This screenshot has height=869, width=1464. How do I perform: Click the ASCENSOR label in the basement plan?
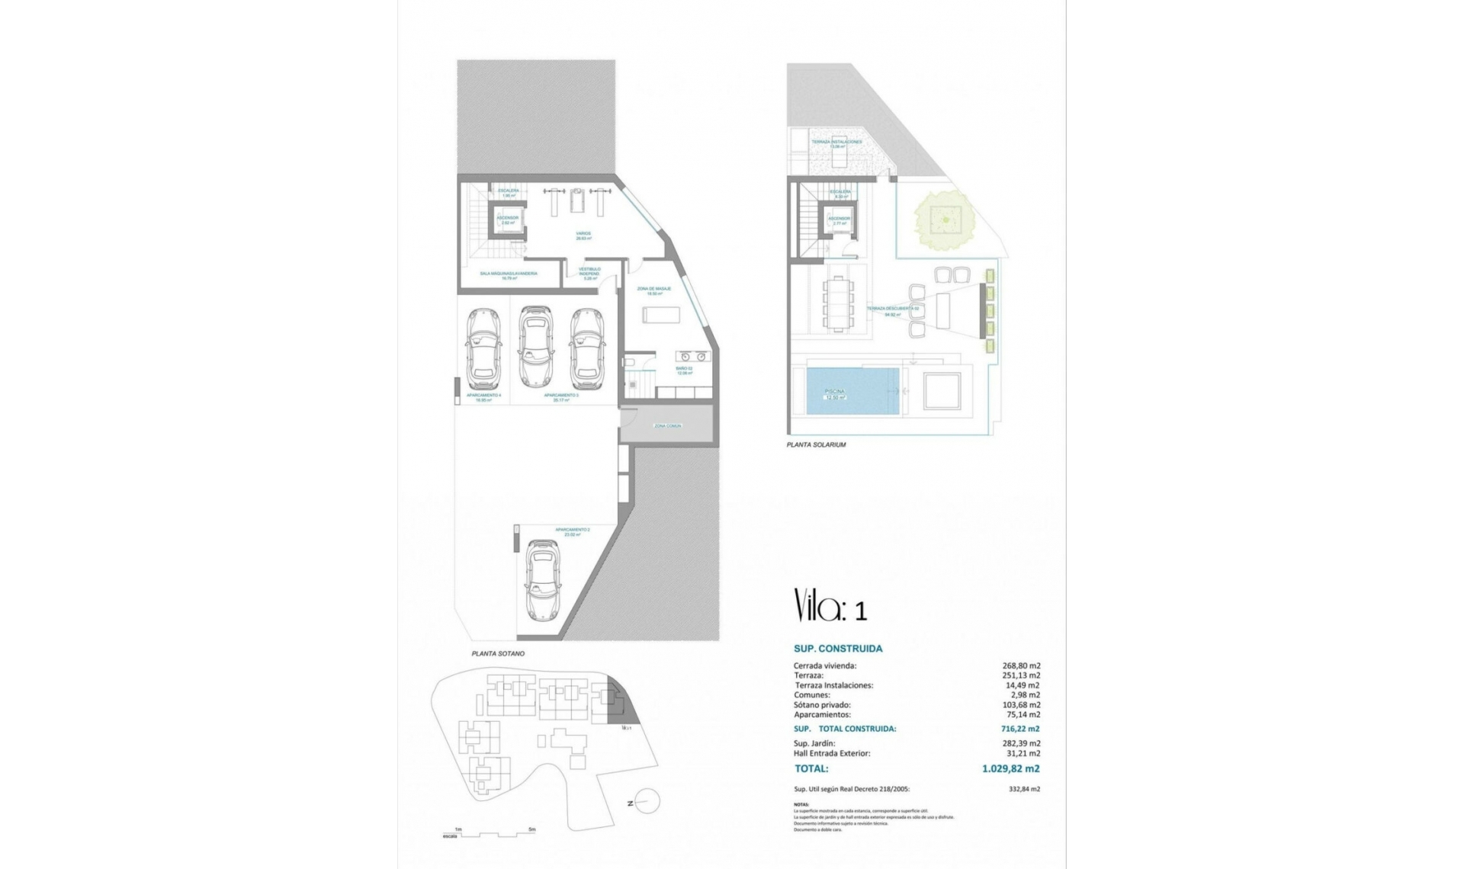pyautogui.click(x=507, y=218)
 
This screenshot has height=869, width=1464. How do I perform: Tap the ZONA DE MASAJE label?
pyautogui.click(x=653, y=289)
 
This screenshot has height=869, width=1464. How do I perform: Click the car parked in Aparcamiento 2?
pyautogui.click(x=543, y=581)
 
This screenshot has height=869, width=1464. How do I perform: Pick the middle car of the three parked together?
pyautogui.click(x=535, y=347)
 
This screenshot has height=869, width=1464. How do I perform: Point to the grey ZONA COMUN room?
pyautogui.click(x=666, y=425)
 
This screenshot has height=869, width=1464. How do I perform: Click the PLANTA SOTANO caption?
pyautogui.click(x=498, y=654)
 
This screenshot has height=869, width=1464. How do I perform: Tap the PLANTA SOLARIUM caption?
pyautogui.click(x=817, y=444)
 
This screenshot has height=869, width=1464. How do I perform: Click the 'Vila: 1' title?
pyautogui.click(x=830, y=606)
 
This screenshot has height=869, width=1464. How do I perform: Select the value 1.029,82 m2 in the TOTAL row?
pyautogui.click(x=1010, y=769)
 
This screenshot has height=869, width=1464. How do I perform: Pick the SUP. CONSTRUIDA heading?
pyautogui.click(x=838, y=649)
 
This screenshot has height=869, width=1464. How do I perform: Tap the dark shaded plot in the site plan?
pyautogui.click(x=627, y=710)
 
